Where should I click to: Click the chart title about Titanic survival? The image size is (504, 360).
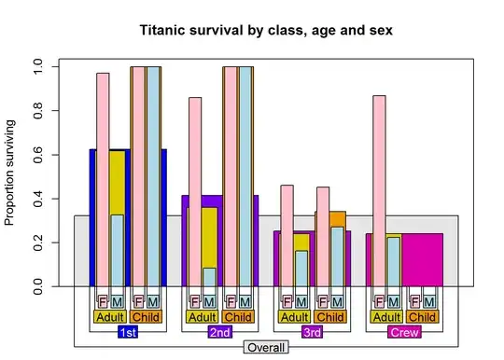[266, 30]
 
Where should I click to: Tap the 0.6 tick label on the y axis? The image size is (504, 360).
[38, 154]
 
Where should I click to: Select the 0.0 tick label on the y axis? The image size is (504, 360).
[38, 286]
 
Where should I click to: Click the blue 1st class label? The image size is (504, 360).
[128, 332]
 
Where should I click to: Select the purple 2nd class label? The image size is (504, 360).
[220, 332]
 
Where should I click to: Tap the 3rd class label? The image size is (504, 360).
[312, 332]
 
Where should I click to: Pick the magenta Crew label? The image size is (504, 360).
[403, 332]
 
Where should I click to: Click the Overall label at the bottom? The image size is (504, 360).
[266, 347]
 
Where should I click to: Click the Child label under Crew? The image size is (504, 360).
[422, 317]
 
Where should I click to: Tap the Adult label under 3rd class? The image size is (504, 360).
[294, 317]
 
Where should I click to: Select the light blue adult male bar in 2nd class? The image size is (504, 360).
[209, 277]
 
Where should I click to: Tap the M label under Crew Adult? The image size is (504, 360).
[393, 302]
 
